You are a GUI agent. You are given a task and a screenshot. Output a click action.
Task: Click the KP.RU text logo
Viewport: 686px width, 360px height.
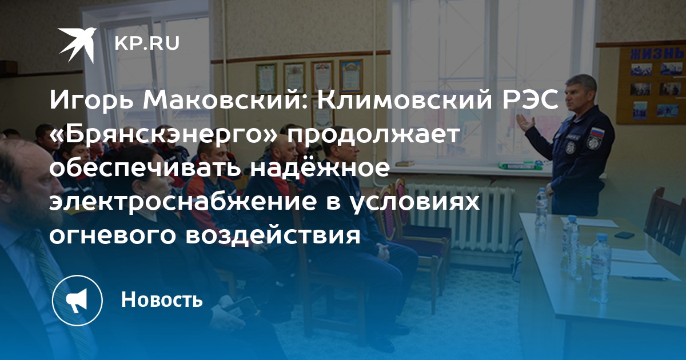click(147, 43)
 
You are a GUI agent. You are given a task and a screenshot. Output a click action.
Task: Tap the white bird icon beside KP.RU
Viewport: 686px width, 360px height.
click(78, 44)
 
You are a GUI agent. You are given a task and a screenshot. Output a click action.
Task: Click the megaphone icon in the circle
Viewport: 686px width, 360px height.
click(77, 301)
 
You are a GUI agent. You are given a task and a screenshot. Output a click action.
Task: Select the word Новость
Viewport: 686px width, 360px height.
click(162, 299)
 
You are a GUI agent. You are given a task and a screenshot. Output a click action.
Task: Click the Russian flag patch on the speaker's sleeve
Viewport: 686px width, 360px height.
click(597, 132)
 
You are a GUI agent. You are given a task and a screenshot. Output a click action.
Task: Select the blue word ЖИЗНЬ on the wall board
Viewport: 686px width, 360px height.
click(657, 54)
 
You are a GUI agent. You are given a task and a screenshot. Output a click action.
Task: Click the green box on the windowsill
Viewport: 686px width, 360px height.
click(517, 166)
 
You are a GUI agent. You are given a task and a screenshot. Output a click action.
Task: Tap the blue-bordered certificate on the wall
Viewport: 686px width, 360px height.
click(351, 76)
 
